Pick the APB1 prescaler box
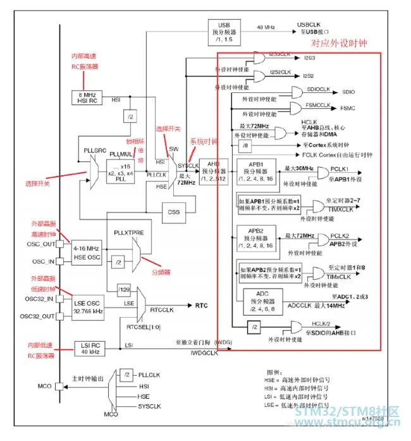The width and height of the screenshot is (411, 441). coord(259,171)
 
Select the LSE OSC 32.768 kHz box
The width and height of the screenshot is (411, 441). coord(89,307)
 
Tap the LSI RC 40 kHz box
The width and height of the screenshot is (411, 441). coord(89,347)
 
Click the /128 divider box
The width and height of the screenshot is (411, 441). coord(124,290)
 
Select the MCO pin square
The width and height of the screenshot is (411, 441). coord(59,385)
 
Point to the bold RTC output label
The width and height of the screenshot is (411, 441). coord(202,305)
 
